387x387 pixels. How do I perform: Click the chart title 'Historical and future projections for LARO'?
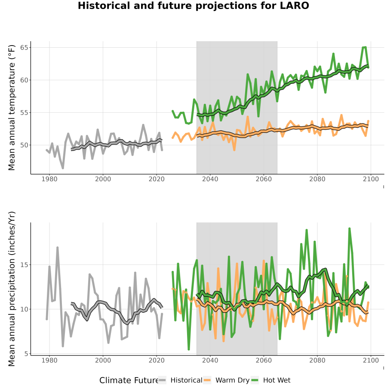click(193, 6)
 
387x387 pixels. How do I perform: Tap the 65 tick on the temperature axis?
click(24, 47)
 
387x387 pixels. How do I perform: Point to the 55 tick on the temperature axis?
click(24, 113)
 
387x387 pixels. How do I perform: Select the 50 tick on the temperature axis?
click(24, 145)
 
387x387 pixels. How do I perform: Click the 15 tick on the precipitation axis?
click(24, 264)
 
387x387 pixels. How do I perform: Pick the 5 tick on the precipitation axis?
click(26, 354)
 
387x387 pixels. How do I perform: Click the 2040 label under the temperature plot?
click(210, 179)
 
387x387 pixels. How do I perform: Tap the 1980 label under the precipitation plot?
click(49, 360)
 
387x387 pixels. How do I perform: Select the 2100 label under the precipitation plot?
click(371, 360)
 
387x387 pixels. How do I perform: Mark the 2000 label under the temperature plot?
click(103, 179)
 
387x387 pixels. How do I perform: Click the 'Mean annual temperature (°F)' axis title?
click(12, 107)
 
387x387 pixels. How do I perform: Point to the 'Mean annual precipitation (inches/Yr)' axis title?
click(12, 289)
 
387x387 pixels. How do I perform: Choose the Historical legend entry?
click(180, 380)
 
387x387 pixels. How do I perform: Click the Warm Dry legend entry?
click(226, 380)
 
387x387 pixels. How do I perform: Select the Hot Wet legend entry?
click(270, 380)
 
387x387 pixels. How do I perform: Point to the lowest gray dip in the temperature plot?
click(63, 168)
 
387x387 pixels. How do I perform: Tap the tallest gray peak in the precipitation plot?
click(58, 247)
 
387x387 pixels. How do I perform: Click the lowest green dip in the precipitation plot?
click(189, 349)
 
